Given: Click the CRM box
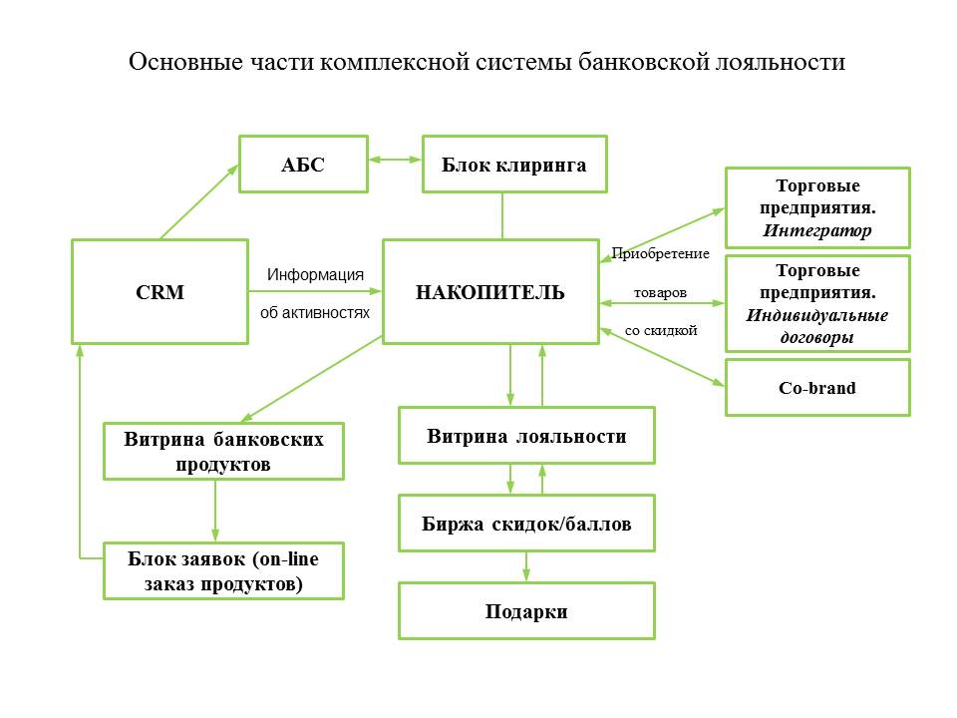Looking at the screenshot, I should [159, 292].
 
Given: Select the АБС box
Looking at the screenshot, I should [302, 165].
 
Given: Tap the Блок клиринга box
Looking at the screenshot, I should [514, 165].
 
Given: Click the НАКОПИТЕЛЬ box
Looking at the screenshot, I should [490, 292].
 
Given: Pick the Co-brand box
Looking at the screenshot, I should [816, 387].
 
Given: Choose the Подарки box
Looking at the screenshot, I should [526, 610].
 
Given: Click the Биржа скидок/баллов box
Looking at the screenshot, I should [526, 523].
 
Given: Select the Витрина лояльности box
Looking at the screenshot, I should [526, 435].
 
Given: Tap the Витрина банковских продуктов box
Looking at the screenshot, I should [223, 451].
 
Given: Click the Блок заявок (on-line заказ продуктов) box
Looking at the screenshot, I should [223, 570].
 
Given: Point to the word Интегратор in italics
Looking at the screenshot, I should [817, 230].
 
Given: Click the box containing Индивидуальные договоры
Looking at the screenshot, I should [816, 303].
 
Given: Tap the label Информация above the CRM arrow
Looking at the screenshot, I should [315, 274].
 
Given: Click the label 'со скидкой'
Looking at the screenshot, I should [660, 330].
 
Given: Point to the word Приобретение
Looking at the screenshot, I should [660, 253].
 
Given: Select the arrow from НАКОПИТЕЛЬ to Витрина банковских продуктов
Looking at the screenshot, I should [312, 378].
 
